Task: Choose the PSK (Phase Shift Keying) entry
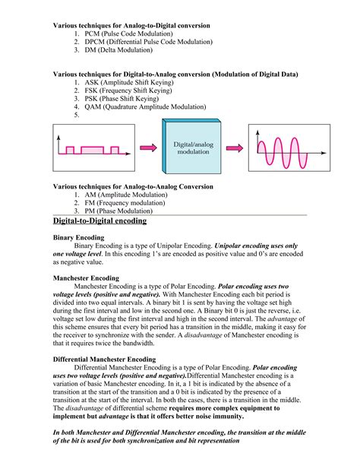[122, 100]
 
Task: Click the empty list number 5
[77, 116]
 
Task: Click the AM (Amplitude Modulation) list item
[126, 195]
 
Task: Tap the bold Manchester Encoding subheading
[86, 279]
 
